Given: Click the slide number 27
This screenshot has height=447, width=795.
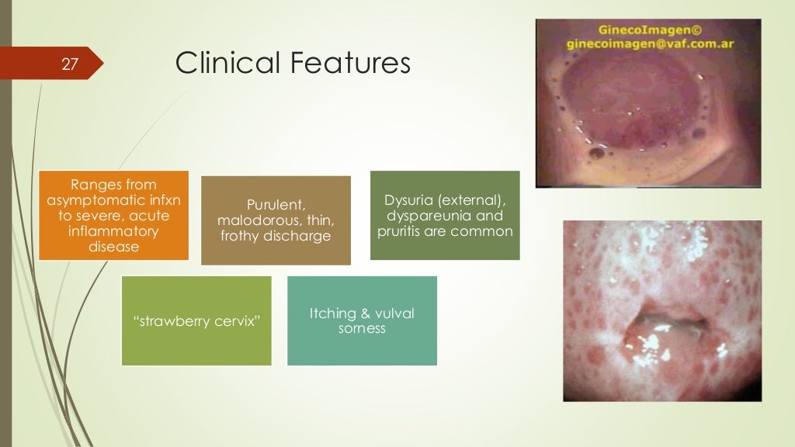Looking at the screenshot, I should [x=70, y=65].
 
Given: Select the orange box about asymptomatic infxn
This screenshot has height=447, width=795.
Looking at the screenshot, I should [x=113, y=215].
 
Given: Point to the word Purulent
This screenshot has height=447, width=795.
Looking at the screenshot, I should [x=276, y=205].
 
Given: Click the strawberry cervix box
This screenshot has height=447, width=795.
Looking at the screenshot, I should [x=196, y=321].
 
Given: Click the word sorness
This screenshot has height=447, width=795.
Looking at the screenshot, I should [x=362, y=329].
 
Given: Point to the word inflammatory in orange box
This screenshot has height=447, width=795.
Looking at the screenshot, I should [x=113, y=231].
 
